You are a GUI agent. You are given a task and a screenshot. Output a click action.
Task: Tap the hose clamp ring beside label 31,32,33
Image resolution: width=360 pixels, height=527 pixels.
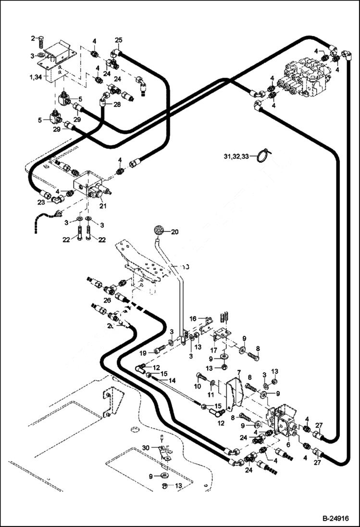tap(263, 155)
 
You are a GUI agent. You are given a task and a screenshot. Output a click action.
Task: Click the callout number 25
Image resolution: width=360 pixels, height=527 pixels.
tap(119, 40)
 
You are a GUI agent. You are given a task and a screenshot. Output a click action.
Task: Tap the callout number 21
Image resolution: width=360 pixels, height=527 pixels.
tap(102, 206)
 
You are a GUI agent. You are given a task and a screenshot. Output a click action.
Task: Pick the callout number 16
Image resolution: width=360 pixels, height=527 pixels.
tap(193, 319)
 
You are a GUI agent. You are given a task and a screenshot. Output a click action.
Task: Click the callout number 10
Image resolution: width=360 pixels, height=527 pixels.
tap(198, 387)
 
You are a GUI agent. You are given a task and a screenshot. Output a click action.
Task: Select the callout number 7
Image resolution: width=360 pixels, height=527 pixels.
tap(238, 373)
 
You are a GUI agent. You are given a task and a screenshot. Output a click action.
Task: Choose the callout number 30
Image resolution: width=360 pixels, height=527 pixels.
tap(146, 448)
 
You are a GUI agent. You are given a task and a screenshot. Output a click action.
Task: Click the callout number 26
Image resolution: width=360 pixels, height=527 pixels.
tap(107, 301)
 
